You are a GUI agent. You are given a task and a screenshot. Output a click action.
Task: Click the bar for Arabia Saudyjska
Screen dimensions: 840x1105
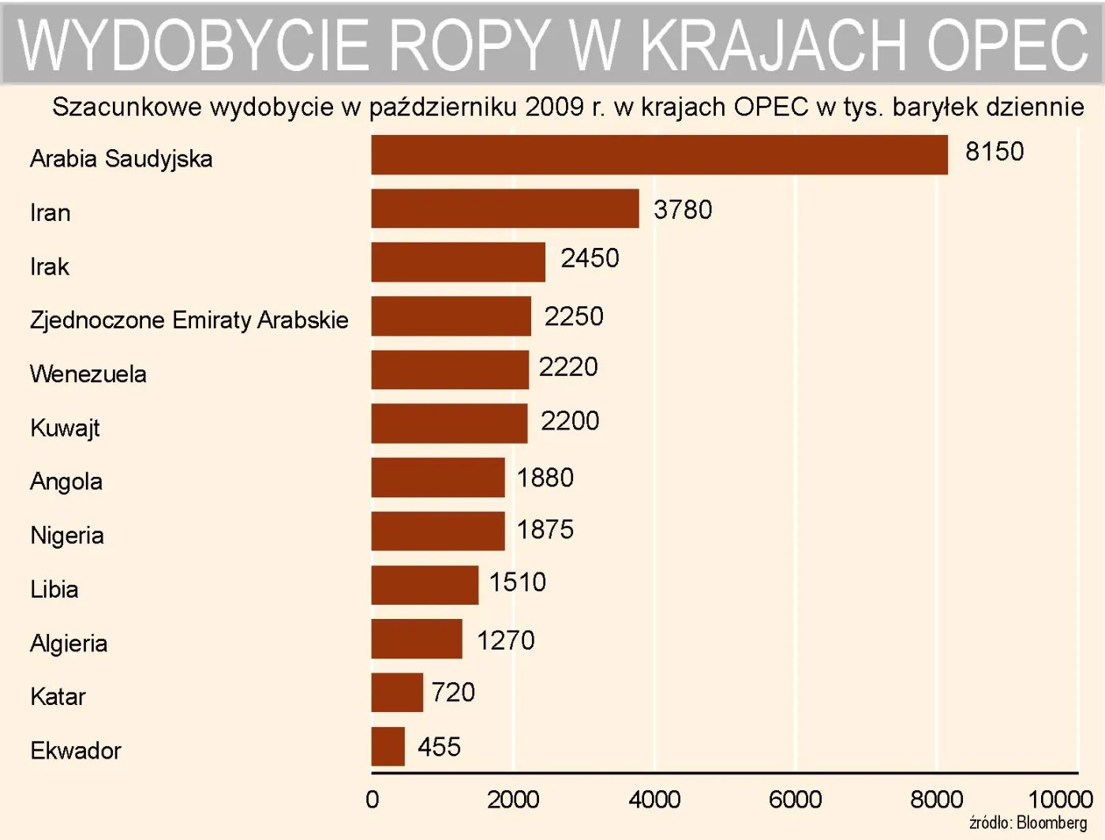(x=659, y=155)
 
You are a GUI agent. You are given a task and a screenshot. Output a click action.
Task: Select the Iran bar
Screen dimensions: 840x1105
(x=505, y=208)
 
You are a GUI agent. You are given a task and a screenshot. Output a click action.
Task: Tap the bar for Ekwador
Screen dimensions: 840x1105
(x=388, y=746)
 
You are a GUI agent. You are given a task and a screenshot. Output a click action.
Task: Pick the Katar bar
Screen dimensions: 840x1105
(x=397, y=692)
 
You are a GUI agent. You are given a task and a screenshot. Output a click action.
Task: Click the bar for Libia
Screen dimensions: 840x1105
(x=425, y=585)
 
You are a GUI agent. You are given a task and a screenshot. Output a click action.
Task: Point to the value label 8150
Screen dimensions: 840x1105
(x=994, y=152)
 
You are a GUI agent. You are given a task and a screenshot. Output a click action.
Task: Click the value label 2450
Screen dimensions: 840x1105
(x=590, y=258)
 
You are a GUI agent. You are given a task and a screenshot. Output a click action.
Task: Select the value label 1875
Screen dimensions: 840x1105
(x=545, y=530)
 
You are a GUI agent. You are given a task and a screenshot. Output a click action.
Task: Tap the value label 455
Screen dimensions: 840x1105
(x=439, y=747)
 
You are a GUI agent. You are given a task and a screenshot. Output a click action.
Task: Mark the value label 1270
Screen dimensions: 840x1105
(x=505, y=640)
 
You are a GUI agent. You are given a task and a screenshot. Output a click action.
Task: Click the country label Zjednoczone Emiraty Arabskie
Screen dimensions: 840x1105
(x=189, y=320)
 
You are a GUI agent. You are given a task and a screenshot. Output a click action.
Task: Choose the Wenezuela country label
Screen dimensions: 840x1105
(x=88, y=373)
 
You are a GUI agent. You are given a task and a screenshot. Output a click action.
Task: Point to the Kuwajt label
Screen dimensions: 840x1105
(x=65, y=428)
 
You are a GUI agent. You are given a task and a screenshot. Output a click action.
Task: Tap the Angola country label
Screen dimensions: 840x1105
(x=66, y=482)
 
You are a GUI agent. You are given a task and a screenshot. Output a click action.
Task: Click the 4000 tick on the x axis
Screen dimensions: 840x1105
(x=654, y=800)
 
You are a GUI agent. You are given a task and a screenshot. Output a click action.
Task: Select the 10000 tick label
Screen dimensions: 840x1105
(x=1060, y=800)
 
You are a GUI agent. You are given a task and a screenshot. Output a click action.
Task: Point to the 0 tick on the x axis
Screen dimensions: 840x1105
(x=373, y=800)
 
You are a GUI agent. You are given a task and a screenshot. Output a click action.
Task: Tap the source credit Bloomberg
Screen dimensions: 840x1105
(x=1051, y=823)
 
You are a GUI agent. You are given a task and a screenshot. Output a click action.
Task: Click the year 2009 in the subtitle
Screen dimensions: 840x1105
(x=554, y=107)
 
